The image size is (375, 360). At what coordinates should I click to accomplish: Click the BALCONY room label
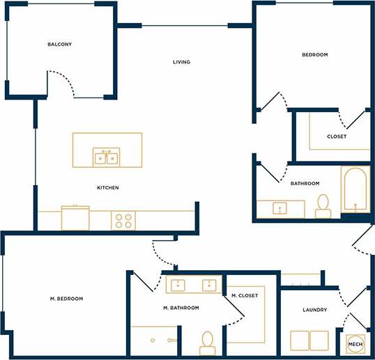point(59,45)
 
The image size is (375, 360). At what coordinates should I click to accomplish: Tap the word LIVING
point(181,62)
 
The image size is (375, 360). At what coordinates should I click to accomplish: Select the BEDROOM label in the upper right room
point(314,54)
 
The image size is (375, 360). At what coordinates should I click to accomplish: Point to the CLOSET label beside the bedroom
point(337,136)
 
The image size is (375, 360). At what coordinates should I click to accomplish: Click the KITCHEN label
point(108,188)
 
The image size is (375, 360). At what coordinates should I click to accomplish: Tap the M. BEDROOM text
point(66,299)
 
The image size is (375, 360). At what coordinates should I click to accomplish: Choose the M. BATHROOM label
point(181,308)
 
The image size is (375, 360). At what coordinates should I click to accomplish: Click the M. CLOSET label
point(245,296)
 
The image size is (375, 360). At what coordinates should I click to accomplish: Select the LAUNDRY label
point(315,310)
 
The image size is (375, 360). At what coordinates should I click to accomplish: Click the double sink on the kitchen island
point(107,157)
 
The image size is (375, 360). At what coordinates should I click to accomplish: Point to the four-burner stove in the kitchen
point(123,221)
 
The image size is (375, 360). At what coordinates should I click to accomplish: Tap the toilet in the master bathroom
point(207,342)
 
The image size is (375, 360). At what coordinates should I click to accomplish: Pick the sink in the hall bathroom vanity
point(282,208)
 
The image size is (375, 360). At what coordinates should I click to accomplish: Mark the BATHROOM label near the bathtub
point(305,183)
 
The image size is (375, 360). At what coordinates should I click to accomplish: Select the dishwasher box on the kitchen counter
point(75,217)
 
